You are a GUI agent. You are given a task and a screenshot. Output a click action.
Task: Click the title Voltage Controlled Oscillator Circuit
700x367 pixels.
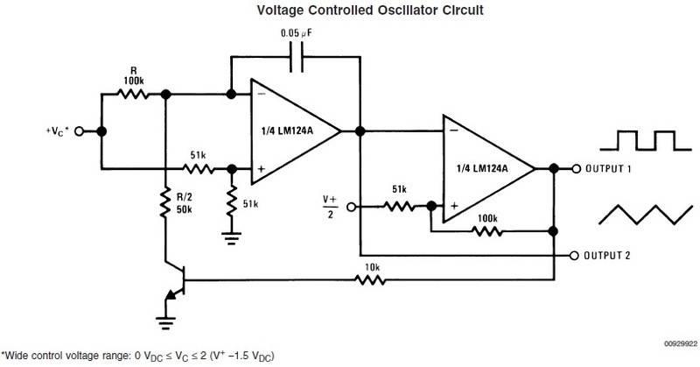[351, 11]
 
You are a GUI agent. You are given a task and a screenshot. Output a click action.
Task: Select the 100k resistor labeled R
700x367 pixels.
[134, 94]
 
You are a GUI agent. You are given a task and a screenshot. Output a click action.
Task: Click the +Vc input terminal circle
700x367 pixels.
[79, 131]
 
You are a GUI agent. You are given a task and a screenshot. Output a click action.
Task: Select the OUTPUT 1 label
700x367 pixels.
[617, 168]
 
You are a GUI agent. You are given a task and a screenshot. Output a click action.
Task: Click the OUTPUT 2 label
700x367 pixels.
[617, 255]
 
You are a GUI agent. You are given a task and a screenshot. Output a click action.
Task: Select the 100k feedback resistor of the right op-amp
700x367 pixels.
[486, 231]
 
